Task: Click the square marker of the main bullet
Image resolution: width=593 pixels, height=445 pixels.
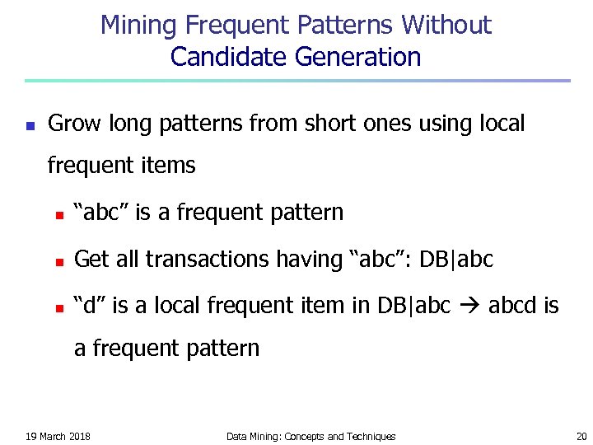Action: pos(30,127)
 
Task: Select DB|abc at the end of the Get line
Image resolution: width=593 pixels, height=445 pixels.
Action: pos(455,260)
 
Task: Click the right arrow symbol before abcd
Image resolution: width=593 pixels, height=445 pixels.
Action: pos(469,307)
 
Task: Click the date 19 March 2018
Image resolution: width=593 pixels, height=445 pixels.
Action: pos(58,436)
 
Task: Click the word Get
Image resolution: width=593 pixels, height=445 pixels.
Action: pos(91,260)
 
